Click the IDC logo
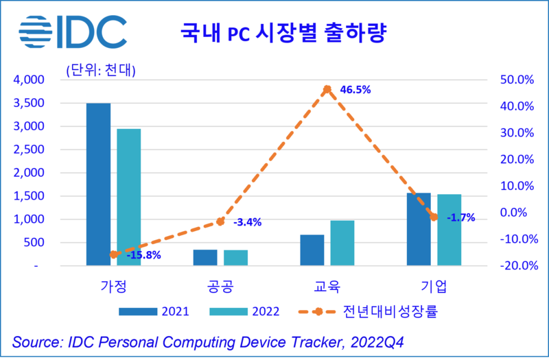[x=72, y=31]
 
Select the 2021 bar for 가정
[x=98, y=184]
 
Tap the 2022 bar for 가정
[x=128, y=197]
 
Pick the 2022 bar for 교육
[x=342, y=243]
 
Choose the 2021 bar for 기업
[x=419, y=229]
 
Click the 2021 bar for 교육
[x=312, y=250]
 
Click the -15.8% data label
[x=143, y=256]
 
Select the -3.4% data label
[x=247, y=222]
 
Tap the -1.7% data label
[x=460, y=217]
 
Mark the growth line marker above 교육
[x=327, y=89]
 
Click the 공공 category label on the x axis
[x=220, y=285]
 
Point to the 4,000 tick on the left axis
[x=28, y=80]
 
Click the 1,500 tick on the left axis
[x=28, y=196]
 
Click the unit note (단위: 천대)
[x=100, y=69]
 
